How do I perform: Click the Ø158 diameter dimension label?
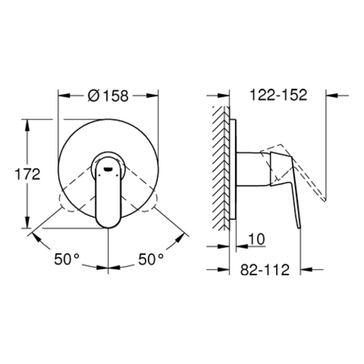coord(108,95)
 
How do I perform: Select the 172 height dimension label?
coord(28,174)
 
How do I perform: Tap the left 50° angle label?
coord(67,259)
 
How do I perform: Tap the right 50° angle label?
coord(151,259)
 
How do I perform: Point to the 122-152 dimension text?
coord(278,95)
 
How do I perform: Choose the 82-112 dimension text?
coord(265,269)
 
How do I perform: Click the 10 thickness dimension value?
coord(256,240)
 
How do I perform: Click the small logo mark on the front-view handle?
coord(107,169)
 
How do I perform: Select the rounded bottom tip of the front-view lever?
coord(108,226)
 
